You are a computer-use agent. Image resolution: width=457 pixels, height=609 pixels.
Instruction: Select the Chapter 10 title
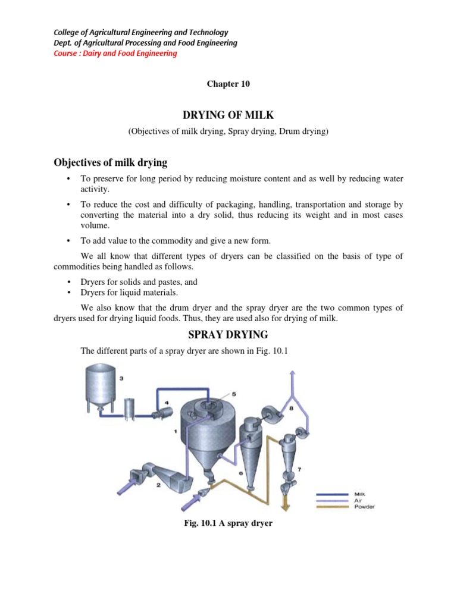click(x=228, y=84)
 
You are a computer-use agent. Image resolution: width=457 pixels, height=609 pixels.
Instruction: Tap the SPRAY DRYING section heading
click(x=228, y=334)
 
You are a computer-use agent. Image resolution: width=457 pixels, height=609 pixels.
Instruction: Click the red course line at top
click(x=116, y=54)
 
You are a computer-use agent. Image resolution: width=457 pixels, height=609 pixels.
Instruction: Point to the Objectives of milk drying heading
click(x=111, y=162)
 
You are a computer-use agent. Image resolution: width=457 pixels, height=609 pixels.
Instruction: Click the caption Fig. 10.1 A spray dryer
click(x=228, y=524)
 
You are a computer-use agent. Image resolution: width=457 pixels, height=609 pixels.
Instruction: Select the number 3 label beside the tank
click(x=121, y=378)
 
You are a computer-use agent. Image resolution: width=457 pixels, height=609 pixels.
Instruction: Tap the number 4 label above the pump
click(x=167, y=403)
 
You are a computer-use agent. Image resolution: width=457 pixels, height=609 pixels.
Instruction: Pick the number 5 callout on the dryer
click(x=234, y=394)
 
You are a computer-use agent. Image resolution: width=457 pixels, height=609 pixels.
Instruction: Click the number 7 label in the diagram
click(x=299, y=470)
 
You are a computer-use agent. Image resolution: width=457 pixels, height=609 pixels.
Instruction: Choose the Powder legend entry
click(x=364, y=507)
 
